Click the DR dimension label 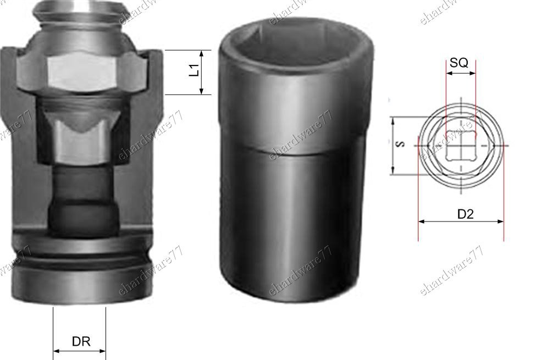coord(81,341)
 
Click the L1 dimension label coord(195,70)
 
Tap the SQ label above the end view coord(459,63)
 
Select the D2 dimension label coord(466,214)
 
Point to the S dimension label coord(401,144)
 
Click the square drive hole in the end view coord(460,145)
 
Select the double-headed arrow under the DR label coord(79,351)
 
